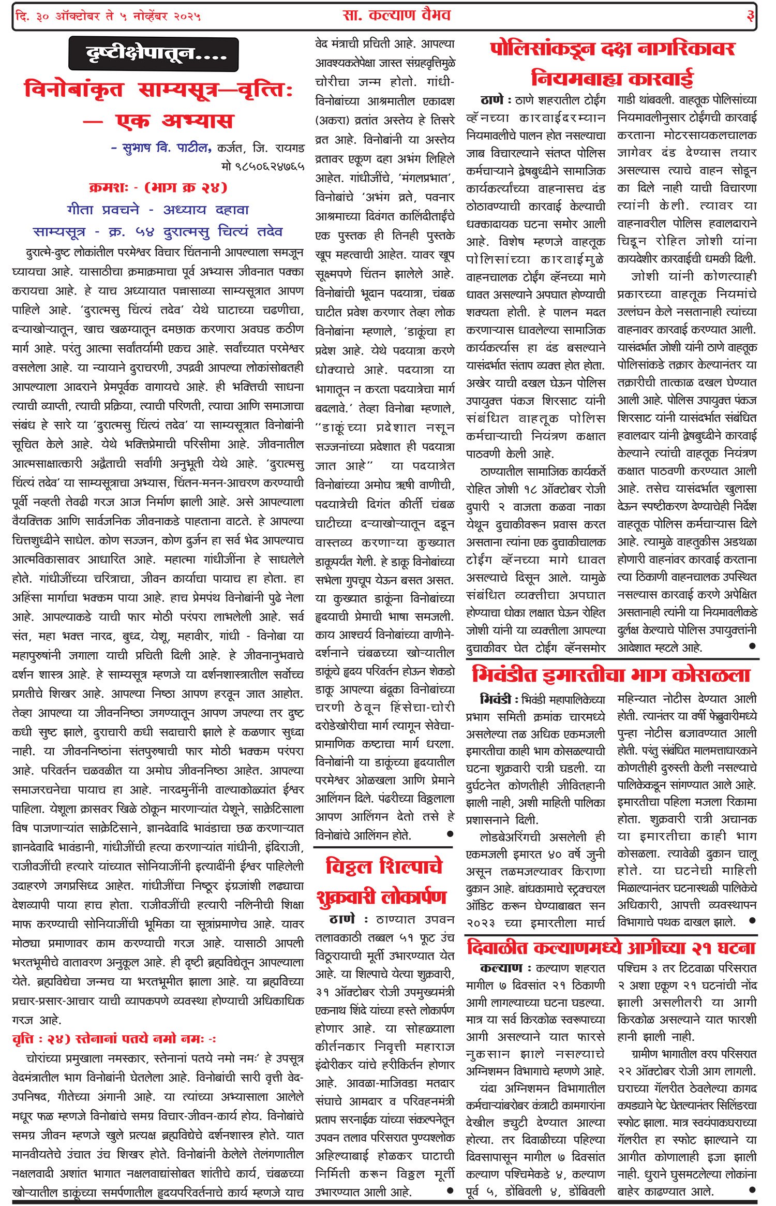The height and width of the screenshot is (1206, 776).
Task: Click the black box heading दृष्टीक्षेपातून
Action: [x=153, y=54]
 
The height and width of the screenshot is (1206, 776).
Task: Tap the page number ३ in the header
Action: [x=750, y=16]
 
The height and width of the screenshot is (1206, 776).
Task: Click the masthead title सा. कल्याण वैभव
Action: [x=397, y=16]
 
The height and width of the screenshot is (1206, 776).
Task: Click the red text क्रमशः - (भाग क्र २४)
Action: [x=158, y=187]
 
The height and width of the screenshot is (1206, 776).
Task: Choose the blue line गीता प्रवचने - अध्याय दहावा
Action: [x=158, y=210]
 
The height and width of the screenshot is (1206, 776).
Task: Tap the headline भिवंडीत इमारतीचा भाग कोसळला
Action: [x=611, y=675]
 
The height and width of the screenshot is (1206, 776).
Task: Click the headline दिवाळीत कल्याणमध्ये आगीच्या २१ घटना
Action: [x=611, y=948]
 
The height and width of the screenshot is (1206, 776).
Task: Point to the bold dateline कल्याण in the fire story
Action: [x=501, y=968]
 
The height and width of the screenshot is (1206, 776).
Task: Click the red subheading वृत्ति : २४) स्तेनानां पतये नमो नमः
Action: [x=114, y=1039]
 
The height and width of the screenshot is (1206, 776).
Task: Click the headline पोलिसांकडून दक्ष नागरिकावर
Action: [x=612, y=49]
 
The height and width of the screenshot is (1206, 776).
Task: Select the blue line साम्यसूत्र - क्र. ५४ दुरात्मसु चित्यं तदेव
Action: [x=158, y=232]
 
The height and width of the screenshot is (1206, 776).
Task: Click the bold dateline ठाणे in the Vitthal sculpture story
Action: [x=342, y=920]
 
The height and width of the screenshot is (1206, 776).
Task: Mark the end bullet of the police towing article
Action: [x=752, y=646]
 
